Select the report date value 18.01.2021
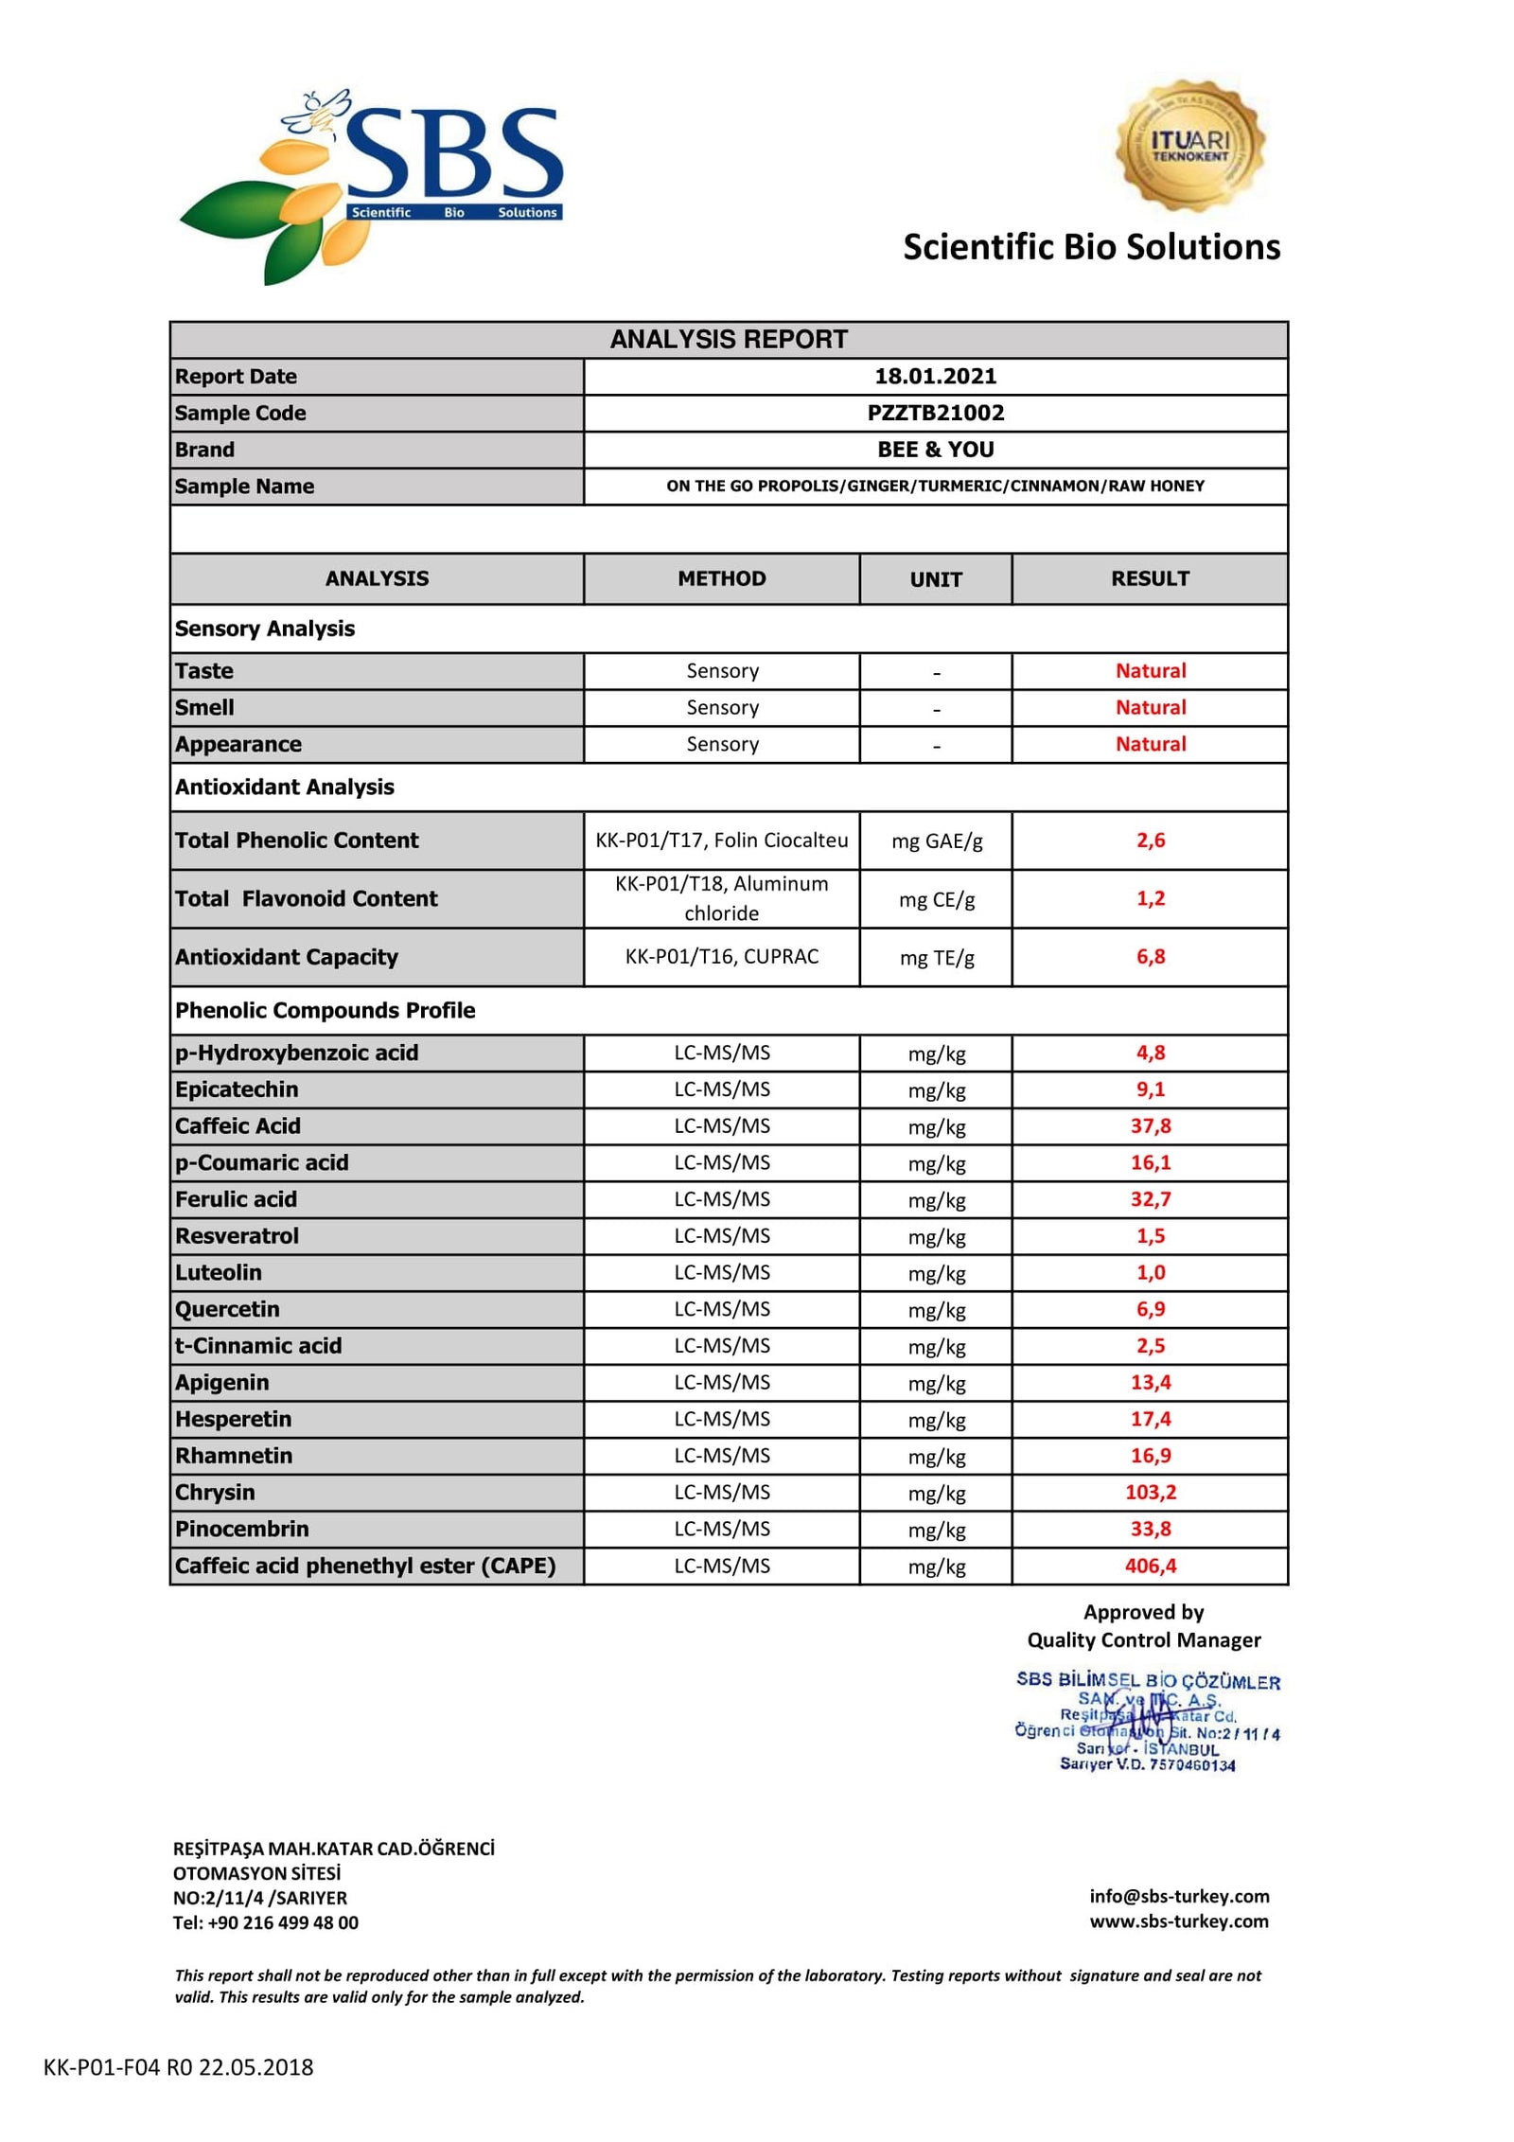(x=935, y=376)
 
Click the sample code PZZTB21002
(x=935, y=413)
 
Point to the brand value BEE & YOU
(x=935, y=450)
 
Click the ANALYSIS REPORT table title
(x=728, y=339)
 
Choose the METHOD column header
(x=721, y=578)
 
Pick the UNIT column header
(x=935, y=579)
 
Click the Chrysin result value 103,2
(x=1150, y=1493)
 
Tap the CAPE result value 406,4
(x=1150, y=1567)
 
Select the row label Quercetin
(x=227, y=1309)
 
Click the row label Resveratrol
(x=237, y=1236)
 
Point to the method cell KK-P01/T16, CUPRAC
(x=721, y=957)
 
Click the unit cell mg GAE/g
(x=936, y=841)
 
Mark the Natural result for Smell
(x=1150, y=707)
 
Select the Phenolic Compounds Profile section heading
(x=325, y=1010)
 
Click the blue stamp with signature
(x=1147, y=1722)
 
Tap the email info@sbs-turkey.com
(x=1178, y=1896)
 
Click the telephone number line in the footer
(x=265, y=1922)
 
